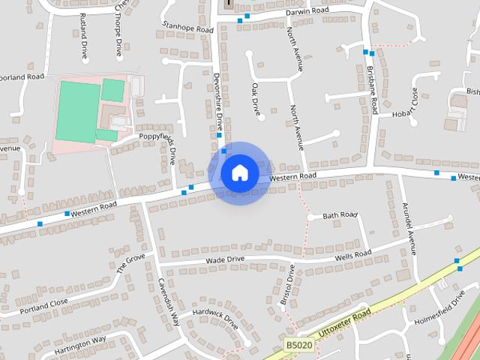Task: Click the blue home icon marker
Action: pos(239,172)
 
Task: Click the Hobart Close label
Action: pos(412,105)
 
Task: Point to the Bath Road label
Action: pos(340,215)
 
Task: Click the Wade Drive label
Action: pos(225,259)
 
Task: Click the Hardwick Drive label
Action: pos(214,319)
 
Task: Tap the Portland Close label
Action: pos(44,306)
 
